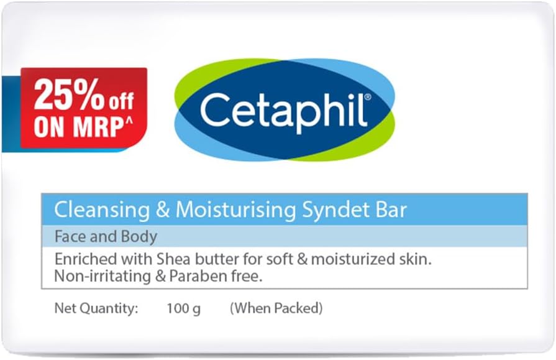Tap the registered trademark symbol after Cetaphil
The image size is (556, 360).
pos(368,97)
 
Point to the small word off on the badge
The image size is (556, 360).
pos(121,101)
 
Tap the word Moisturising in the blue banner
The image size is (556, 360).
pos(236,210)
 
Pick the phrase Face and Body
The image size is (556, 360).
pos(106,237)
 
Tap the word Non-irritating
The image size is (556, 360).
pos(98,276)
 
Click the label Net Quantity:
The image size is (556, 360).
pos(96,308)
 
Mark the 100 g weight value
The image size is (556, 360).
pos(183,308)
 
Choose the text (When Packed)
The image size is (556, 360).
pos(276,308)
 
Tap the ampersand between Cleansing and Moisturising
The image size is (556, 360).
pos(163,210)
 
